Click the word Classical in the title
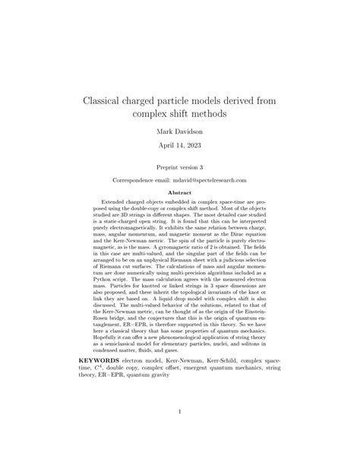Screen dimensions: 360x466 [x=112, y=100]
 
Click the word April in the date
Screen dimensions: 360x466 [x=160, y=150]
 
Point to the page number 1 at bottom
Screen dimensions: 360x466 [x=180, y=413]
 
